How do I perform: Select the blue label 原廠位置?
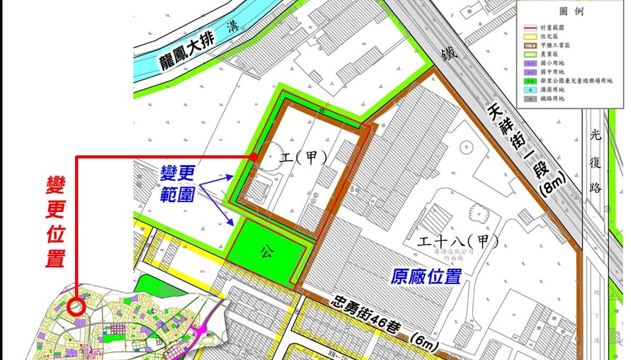426,276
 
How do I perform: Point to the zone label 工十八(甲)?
453,242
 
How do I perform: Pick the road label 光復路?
595,169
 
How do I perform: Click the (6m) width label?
426,342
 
